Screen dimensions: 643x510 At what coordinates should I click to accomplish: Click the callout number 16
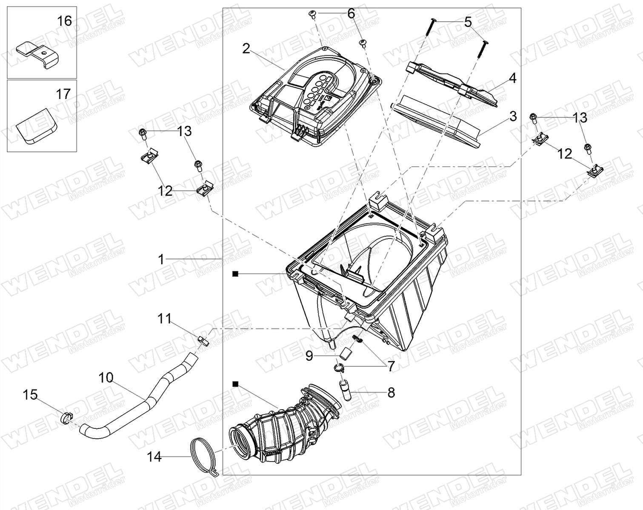(x=64, y=21)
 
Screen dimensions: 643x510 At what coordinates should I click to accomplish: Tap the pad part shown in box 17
(x=37, y=126)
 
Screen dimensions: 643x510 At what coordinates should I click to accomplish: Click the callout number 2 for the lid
(x=246, y=48)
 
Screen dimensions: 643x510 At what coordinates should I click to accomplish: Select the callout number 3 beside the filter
(x=513, y=116)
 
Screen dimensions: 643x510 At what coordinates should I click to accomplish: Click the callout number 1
(x=161, y=259)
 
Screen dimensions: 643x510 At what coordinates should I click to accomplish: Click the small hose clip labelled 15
(x=67, y=417)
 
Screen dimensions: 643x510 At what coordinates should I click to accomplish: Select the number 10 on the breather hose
(x=106, y=378)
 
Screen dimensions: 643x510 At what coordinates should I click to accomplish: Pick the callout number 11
(x=164, y=319)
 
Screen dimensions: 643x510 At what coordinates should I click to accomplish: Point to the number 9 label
(x=309, y=356)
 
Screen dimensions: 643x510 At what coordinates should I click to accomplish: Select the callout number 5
(x=468, y=22)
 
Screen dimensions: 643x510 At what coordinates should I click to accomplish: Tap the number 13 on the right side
(x=580, y=118)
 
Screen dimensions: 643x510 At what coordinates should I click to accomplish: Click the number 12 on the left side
(x=165, y=191)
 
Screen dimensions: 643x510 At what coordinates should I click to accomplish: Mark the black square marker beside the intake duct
(x=235, y=384)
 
